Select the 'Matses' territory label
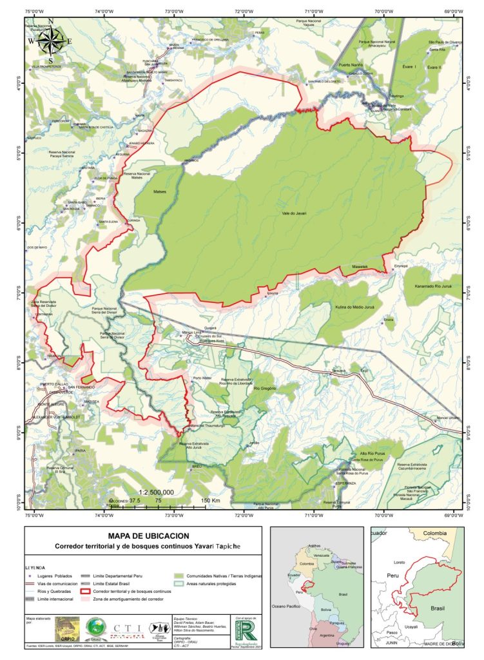click(x=160, y=191)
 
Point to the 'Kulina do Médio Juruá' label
click(x=354, y=307)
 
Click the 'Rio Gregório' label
click(x=265, y=389)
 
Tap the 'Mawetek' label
click(x=359, y=266)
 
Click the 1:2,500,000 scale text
click(x=151, y=492)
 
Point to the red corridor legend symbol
click(x=85, y=591)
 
